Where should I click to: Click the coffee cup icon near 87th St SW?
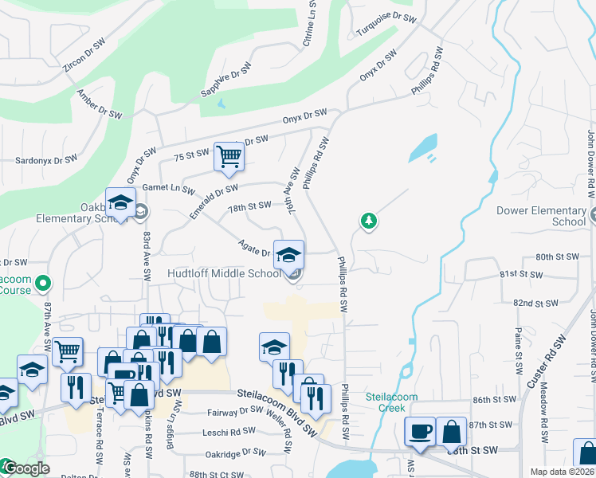click(421, 431)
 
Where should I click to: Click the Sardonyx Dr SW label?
click(46, 159)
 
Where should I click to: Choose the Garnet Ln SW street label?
click(168, 189)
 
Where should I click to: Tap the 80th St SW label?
click(555, 257)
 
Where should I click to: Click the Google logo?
click(26, 469)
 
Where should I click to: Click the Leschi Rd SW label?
click(231, 430)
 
